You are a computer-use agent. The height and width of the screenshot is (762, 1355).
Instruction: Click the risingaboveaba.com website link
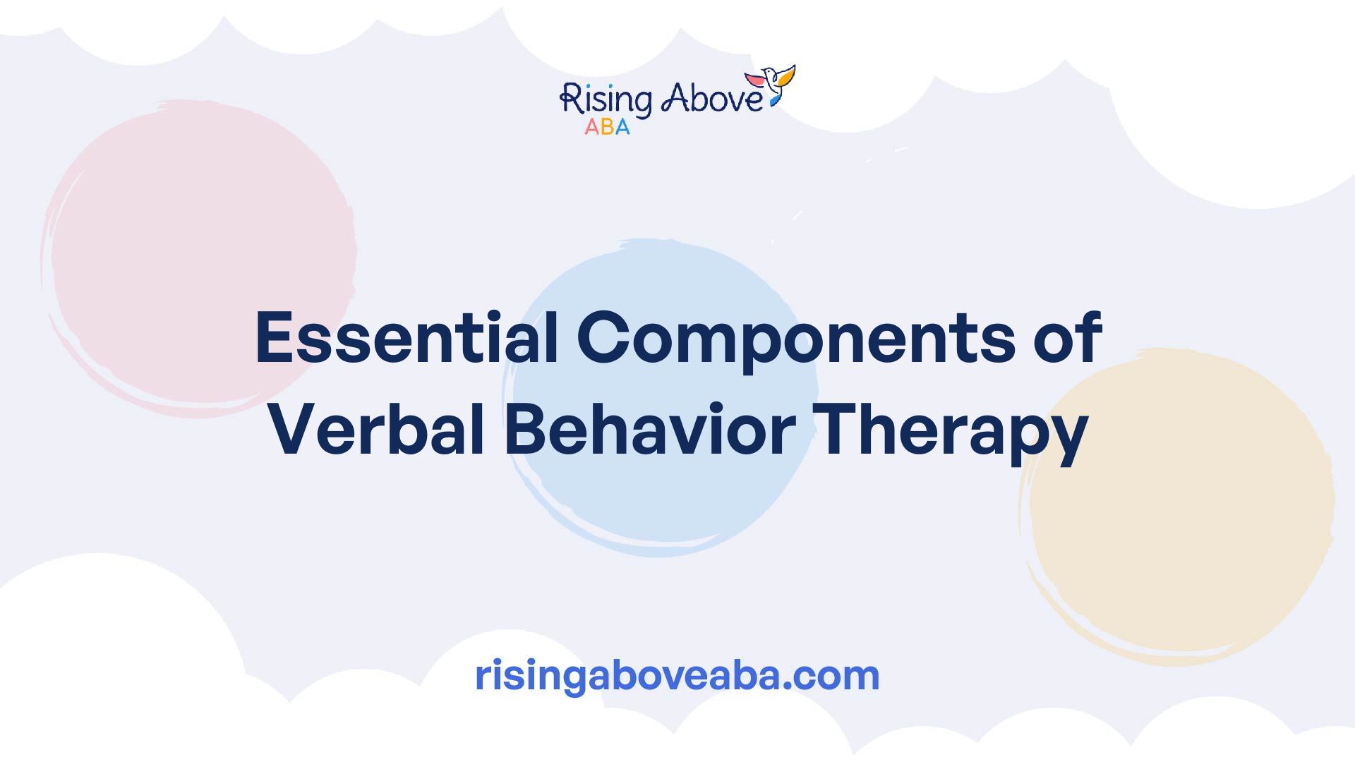click(677, 675)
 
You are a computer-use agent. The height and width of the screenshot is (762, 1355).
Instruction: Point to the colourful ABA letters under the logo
click(607, 127)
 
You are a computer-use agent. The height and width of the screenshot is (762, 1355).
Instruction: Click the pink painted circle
click(200, 258)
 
